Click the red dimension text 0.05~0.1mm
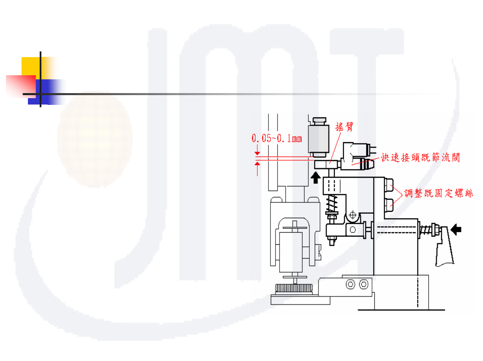point(276,138)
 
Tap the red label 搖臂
point(344,127)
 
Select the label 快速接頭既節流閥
point(420,157)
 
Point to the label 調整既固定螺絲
point(438,193)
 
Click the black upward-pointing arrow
point(315,177)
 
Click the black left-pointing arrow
point(456,230)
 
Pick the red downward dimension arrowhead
point(257,153)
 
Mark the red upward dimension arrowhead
point(257,164)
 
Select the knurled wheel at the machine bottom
point(294,288)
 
